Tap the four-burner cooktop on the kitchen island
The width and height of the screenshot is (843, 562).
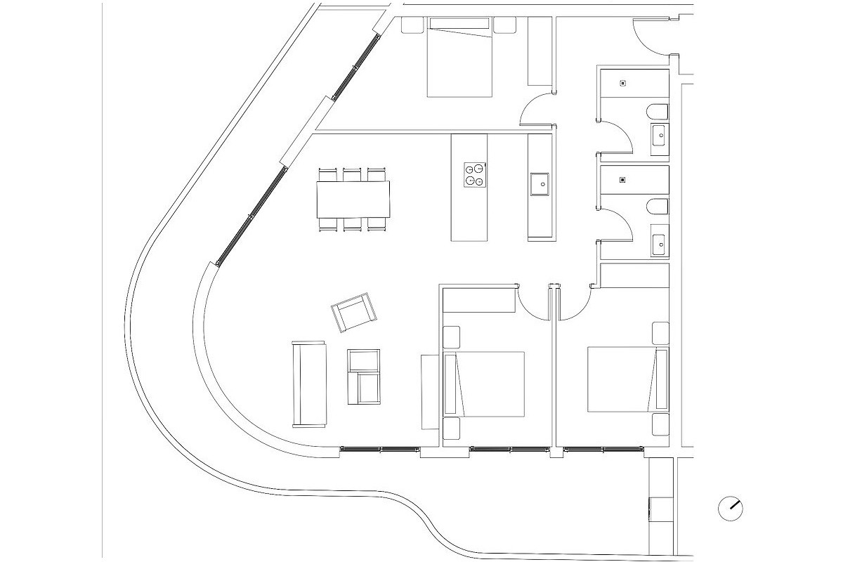point(475,175)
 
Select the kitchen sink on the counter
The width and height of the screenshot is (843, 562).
point(542,184)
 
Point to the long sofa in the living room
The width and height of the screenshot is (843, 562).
point(309,384)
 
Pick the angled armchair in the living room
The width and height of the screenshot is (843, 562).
point(353,312)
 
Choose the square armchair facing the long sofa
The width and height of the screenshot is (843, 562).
point(364,377)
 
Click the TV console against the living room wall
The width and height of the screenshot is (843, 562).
point(429,391)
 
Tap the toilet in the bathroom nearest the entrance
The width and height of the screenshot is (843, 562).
point(658,112)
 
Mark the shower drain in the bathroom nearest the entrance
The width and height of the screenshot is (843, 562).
point(622,84)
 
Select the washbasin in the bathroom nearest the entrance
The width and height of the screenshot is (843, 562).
point(660,136)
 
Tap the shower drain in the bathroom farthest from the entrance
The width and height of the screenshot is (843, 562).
point(622,179)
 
